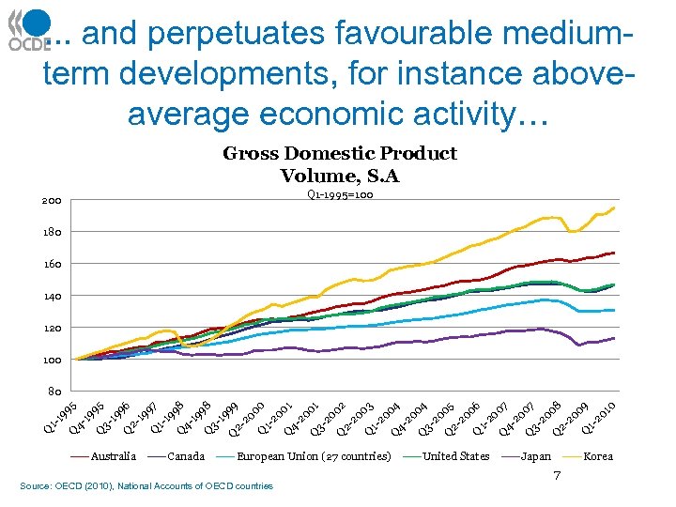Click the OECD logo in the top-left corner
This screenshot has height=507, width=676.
tap(29, 29)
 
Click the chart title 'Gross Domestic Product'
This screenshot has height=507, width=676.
tap(339, 153)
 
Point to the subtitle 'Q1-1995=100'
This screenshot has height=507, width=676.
tap(339, 195)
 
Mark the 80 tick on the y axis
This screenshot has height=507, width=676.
tap(54, 392)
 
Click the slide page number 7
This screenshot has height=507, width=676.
tap(557, 477)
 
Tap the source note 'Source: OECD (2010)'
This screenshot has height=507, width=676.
tap(146, 485)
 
